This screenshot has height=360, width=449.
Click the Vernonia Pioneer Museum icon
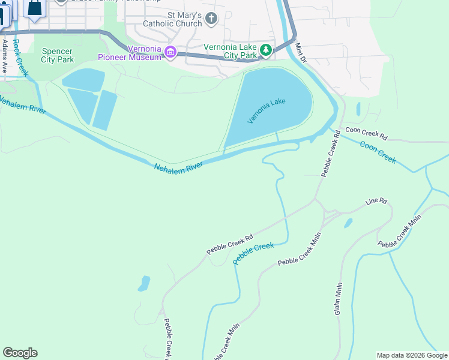pos(170,52)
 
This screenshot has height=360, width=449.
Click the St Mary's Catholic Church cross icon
pos(211,19)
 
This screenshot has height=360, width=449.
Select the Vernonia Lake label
pos(267,111)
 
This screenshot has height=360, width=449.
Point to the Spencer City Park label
pos(58,56)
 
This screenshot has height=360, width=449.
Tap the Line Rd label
pos(376,202)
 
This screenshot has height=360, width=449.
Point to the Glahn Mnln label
pos(339,299)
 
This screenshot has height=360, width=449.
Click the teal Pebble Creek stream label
pos(253,253)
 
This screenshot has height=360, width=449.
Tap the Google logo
pos(20,353)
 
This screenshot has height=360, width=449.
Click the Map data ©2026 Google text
pos(412,355)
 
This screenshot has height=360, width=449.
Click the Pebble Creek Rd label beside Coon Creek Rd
pos(331,155)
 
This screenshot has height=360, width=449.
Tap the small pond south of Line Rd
pos(348,223)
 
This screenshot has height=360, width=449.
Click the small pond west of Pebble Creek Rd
pos(143,283)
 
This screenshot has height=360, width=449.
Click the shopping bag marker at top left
pos(35,7)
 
